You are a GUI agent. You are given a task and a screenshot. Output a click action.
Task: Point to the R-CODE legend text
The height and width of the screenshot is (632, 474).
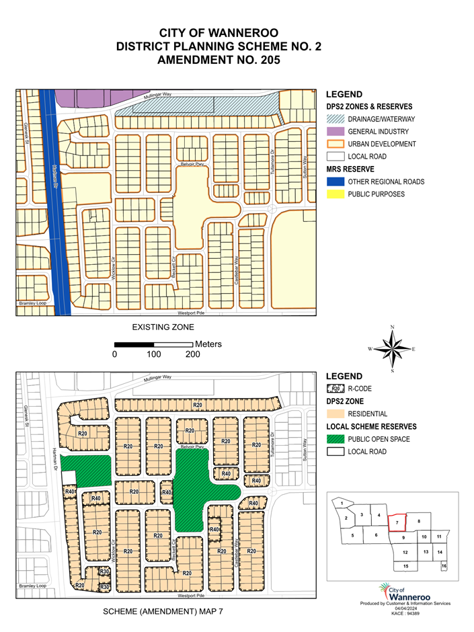(360, 389)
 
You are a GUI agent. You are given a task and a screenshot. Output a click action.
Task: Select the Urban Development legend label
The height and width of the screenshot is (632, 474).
(382, 144)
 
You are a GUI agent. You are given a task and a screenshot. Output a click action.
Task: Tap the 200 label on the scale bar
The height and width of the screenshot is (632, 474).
(193, 354)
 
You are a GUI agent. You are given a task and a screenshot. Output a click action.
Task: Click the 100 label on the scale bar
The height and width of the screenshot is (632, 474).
(154, 354)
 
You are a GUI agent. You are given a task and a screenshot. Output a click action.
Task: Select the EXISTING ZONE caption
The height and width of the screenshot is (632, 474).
(163, 327)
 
